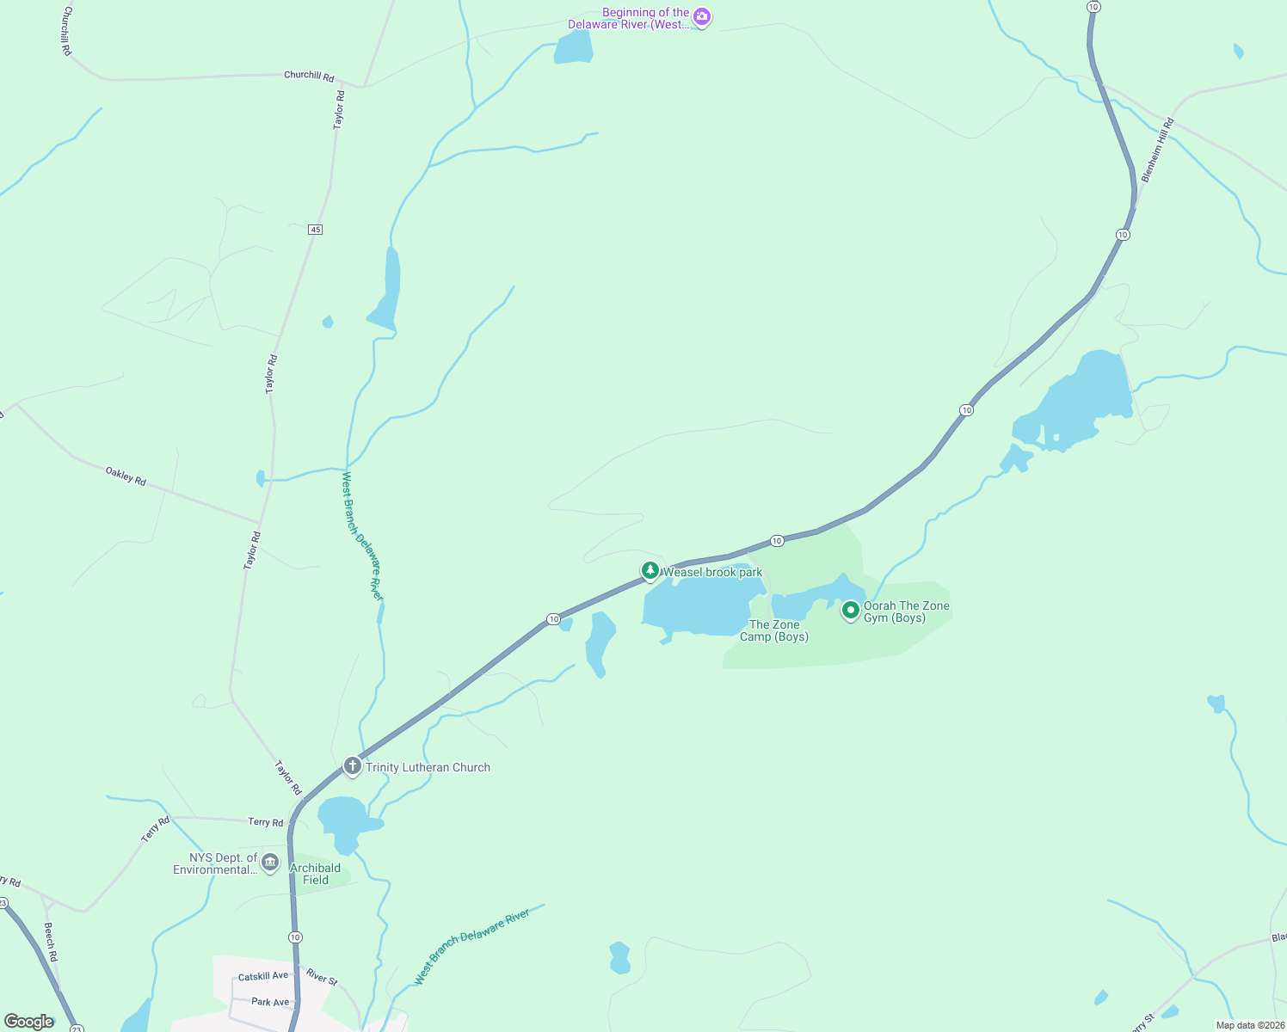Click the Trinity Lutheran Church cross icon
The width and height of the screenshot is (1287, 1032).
point(352,765)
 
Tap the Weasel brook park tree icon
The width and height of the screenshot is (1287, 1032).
point(650,570)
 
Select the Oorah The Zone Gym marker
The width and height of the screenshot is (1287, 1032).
point(850,610)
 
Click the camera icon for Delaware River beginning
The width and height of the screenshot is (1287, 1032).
point(702,16)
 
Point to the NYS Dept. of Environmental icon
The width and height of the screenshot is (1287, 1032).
point(270,862)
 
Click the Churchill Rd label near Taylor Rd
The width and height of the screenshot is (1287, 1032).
point(309,76)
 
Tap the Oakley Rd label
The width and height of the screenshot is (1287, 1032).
point(126,476)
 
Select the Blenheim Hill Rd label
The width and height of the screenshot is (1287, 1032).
point(1157,150)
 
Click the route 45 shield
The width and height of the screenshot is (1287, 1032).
point(316,230)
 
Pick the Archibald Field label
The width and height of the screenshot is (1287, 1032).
point(316,874)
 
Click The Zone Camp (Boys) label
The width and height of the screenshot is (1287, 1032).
point(774,630)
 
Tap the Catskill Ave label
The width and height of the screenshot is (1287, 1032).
point(263,976)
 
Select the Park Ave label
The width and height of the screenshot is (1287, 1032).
point(270,1002)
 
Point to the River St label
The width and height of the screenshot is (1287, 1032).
point(323,977)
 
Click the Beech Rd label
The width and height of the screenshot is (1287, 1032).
point(51,942)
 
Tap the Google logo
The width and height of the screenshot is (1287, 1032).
point(28,1022)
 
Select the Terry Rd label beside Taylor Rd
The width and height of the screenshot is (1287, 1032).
point(266,822)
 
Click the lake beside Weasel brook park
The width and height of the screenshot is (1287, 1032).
point(701,605)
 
